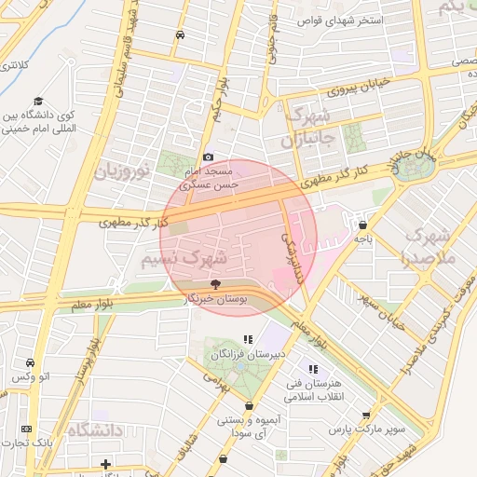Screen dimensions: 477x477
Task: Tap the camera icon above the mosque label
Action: [208, 157]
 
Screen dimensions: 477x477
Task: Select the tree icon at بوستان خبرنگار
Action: [216, 283]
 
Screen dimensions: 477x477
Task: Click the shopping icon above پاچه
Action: [361, 225]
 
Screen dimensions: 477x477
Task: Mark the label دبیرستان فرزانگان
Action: [248, 355]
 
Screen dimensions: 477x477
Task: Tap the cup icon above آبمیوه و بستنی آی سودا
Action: [249, 406]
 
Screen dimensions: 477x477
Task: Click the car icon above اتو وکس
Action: [31, 362]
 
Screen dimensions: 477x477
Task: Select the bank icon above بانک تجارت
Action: [26, 429]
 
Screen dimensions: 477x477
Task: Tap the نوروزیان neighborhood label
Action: [121, 170]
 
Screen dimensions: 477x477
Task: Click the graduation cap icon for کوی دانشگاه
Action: [38, 102]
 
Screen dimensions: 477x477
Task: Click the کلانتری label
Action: [12, 65]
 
